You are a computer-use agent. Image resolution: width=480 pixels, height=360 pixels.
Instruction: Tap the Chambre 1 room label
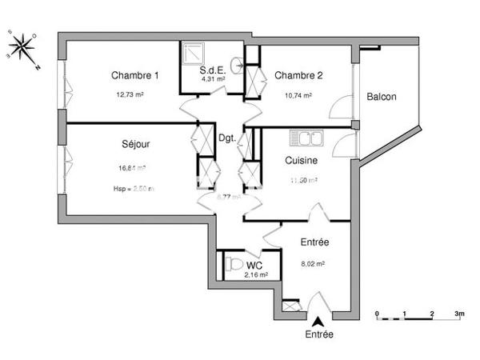pos(135,76)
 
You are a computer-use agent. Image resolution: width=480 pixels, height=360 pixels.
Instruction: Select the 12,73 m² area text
pos(130,94)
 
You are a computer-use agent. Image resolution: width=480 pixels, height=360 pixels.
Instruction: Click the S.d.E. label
pos(213,70)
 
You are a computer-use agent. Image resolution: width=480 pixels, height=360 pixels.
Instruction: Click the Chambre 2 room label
pos(298,76)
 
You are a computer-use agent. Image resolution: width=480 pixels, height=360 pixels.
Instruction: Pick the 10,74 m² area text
pos(297,94)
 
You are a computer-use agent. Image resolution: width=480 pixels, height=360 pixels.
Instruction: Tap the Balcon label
pos(382,97)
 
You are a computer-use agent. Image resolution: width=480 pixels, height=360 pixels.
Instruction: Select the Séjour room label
pos(137,145)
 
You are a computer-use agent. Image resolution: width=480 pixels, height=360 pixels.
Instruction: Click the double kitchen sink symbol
pos(306,138)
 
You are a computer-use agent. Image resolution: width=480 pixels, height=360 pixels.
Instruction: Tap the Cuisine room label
pos(302,160)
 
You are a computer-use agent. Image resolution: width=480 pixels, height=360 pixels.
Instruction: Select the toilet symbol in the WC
pos(234,263)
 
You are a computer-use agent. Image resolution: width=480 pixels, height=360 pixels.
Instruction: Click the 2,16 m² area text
pos(256,275)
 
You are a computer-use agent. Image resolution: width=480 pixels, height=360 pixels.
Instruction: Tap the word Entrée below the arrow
pos(318,334)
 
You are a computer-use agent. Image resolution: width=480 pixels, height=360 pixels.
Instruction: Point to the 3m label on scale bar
pos(459,314)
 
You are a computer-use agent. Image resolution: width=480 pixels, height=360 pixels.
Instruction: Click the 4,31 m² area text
pos(213,79)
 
